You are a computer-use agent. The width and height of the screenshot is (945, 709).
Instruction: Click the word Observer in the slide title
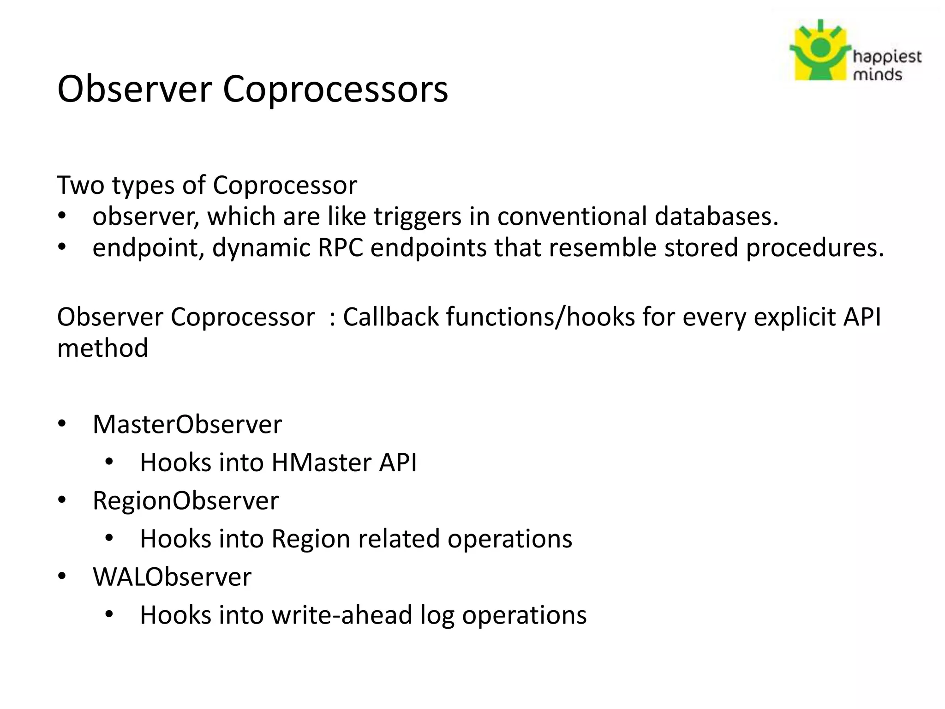(134, 89)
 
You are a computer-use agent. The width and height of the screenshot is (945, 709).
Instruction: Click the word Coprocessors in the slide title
(335, 89)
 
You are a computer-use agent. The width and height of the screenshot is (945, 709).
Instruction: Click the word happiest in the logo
(887, 57)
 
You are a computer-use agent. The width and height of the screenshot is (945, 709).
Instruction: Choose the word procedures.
(814, 247)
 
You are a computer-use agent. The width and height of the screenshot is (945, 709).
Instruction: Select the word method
(102, 348)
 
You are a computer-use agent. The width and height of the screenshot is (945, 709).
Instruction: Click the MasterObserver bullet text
(187, 424)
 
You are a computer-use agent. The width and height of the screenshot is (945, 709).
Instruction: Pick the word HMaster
(321, 463)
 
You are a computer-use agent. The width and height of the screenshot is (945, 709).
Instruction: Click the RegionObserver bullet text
(185, 500)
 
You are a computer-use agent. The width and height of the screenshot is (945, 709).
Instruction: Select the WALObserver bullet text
(172, 577)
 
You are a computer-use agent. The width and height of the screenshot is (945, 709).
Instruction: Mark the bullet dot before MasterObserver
(62, 424)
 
